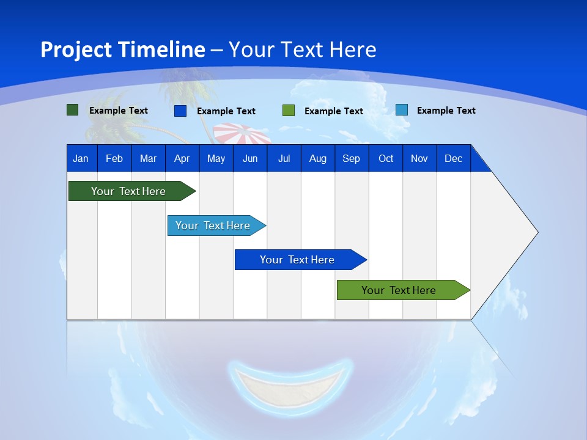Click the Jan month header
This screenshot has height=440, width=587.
(x=81, y=158)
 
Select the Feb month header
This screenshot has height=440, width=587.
(x=114, y=158)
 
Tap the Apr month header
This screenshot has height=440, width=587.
(x=182, y=158)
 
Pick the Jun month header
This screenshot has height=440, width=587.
(x=250, y=158)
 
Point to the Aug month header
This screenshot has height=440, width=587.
(x=318, y=158)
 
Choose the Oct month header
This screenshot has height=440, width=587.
(x=386, y=158)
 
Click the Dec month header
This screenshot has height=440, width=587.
(x=454, y=158)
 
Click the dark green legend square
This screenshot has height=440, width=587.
(x=73, y=110)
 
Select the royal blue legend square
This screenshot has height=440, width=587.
(x=180, y=111)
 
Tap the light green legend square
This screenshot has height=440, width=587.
(x=289, y=111)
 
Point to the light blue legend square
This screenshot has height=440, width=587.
(x=402, y=110)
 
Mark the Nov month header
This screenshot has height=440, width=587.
(x=419, y=158)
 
